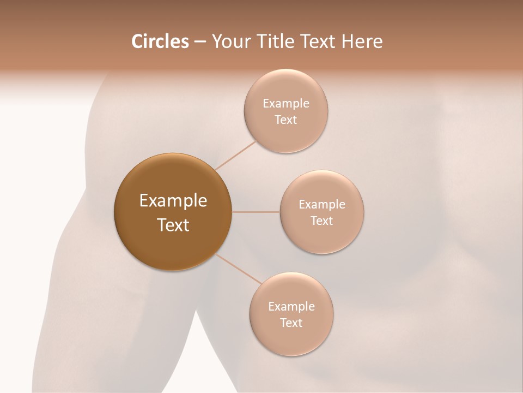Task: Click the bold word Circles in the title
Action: pyautogui.click(x=160, y=41)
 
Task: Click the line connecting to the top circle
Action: pyautogui.click(x=236, y=155)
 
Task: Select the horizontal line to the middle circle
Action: pyautogui.click(x=256, y=212)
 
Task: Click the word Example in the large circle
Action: pyautogui.click(x=173, y=201)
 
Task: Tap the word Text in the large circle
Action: pyautogui.click(x=173, y=225)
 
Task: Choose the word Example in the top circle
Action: pyautogui.click(x=286, y=104)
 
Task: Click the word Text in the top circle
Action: pyautogui.click(x=286, y=120)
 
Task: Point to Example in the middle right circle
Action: pyautogui.click(x=322, y=205)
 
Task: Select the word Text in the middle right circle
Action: pyautogui.click(x=322, y=221)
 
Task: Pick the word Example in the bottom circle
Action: pyautogui.click(x=291, y=307)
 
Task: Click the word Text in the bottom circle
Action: pyautogui.click(x=291, y=323)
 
